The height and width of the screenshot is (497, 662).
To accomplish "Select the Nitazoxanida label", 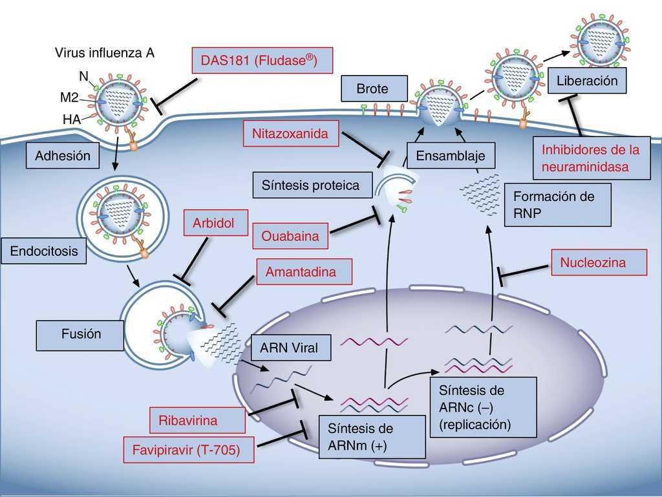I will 291,134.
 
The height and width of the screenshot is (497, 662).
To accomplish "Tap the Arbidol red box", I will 213,223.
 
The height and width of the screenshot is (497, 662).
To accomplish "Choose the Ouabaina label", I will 290,236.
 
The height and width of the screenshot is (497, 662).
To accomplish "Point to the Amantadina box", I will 301,271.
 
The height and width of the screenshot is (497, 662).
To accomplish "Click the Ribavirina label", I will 188,420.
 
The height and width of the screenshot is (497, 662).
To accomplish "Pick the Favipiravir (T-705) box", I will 188,450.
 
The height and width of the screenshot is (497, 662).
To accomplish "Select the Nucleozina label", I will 599,262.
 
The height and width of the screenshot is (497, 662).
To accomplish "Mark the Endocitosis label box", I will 43,251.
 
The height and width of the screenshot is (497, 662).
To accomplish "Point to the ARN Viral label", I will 289,348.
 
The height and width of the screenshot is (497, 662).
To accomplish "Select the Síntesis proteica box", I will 310,185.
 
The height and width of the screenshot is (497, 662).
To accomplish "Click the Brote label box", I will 372,89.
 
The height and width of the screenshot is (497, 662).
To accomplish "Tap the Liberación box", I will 587,81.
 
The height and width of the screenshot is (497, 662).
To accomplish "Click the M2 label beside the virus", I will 70,98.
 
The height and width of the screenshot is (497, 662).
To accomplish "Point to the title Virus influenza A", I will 104,53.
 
